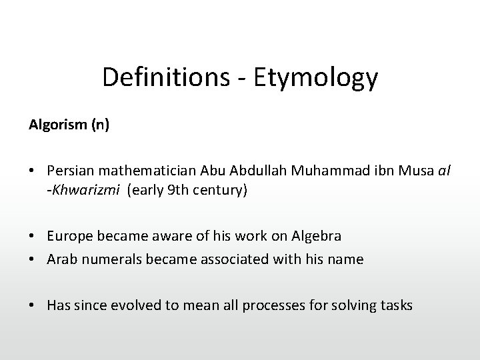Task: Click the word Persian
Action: coord(70,173)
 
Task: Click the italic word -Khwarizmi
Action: coord(83,190)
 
